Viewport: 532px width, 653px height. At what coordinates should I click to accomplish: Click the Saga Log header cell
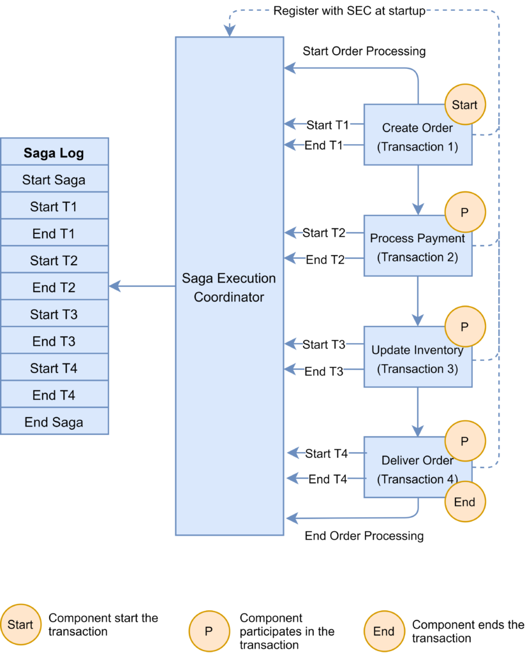54,153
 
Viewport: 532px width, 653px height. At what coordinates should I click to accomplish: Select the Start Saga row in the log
54,180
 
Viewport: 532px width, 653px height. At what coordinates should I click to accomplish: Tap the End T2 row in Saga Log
54,288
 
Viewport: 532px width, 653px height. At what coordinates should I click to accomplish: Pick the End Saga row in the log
54,422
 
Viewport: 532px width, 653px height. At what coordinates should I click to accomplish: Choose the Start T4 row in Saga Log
54,368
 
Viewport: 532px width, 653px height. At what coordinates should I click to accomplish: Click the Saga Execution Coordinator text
228,288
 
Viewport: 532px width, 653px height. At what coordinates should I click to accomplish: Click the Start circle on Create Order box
464,105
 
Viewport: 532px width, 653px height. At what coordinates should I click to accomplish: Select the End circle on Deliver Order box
464,502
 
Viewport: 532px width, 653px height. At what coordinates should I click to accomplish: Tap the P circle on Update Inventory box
464,326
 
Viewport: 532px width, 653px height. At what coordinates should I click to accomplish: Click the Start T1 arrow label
328,125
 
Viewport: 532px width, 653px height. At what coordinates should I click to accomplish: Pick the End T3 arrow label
324,371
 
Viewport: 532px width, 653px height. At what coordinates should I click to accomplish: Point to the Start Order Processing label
364,51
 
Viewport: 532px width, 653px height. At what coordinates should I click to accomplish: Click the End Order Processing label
364,536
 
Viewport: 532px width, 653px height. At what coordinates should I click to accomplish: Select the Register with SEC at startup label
349,11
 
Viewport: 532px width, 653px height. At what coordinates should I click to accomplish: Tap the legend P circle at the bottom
209,631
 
